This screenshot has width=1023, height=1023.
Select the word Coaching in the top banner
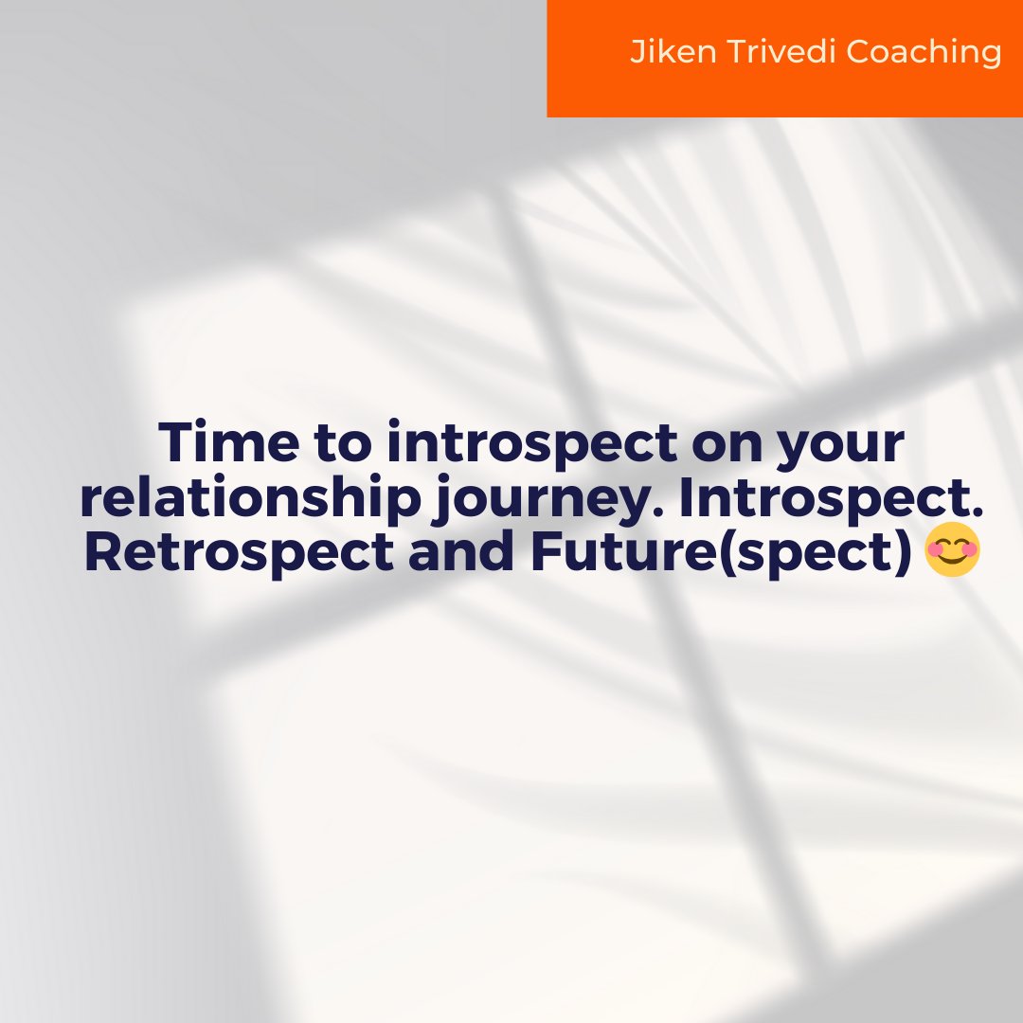click(924, 53)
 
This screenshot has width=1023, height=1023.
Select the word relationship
click(249, 499)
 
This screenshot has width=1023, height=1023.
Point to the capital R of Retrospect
click(103, 553)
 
